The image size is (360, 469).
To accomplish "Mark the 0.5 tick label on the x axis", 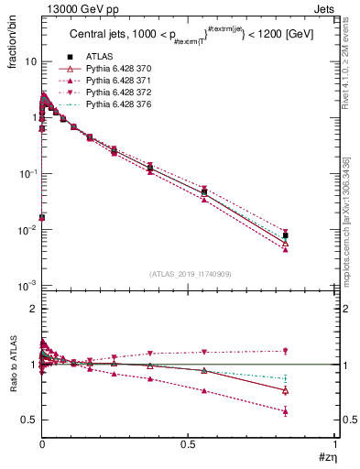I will click(188, 445).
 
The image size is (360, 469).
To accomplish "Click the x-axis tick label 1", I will click(335, 445).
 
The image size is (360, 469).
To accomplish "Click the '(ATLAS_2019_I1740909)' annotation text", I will click(189, 274).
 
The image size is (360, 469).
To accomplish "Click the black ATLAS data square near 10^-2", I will click(286, 235).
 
